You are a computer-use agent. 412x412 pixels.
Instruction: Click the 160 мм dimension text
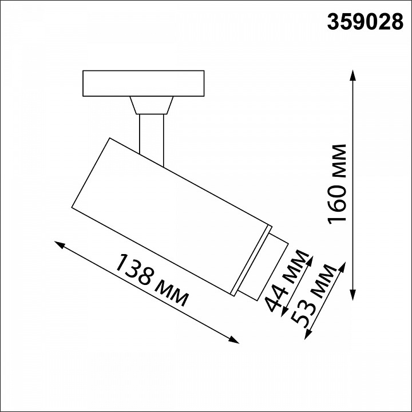[x=338, y=185]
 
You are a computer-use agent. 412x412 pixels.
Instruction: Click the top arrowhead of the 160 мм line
[x=354, y=76]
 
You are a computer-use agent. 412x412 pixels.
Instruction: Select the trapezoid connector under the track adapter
[x=151, y=105]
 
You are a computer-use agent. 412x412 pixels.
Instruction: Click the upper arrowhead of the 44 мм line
[x=310, y=259]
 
